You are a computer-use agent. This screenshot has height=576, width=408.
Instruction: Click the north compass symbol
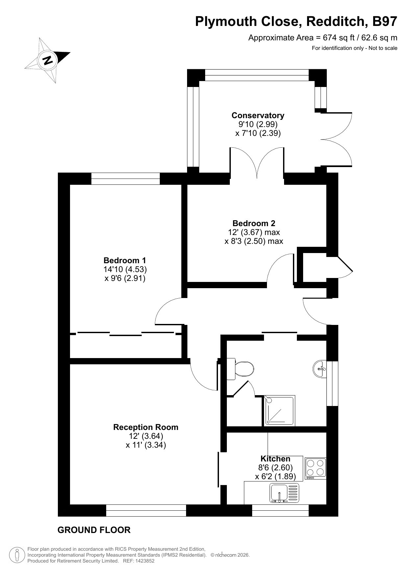[48, 60]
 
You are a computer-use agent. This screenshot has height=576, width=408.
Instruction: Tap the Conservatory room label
[258, 116]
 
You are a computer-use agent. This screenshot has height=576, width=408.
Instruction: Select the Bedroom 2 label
[254, 224]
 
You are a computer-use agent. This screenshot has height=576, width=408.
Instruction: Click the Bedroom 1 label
[125, 261]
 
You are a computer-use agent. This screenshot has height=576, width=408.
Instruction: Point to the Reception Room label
[146, 427]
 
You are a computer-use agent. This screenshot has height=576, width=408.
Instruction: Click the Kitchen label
[276, 459]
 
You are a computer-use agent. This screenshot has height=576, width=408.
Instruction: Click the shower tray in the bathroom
[279, 411]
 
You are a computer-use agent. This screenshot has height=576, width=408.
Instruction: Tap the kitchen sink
[285, 494]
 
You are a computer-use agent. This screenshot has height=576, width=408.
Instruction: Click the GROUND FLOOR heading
[94, 530]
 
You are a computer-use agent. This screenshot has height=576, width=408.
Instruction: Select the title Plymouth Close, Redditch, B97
[296, 22]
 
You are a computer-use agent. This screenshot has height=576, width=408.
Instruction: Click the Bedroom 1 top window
[125, 179]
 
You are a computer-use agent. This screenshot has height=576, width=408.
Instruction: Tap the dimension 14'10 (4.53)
[125, 269]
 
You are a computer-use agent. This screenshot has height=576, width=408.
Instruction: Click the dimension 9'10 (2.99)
[258, 124]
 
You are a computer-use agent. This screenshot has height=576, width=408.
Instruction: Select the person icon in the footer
[17, 555]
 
